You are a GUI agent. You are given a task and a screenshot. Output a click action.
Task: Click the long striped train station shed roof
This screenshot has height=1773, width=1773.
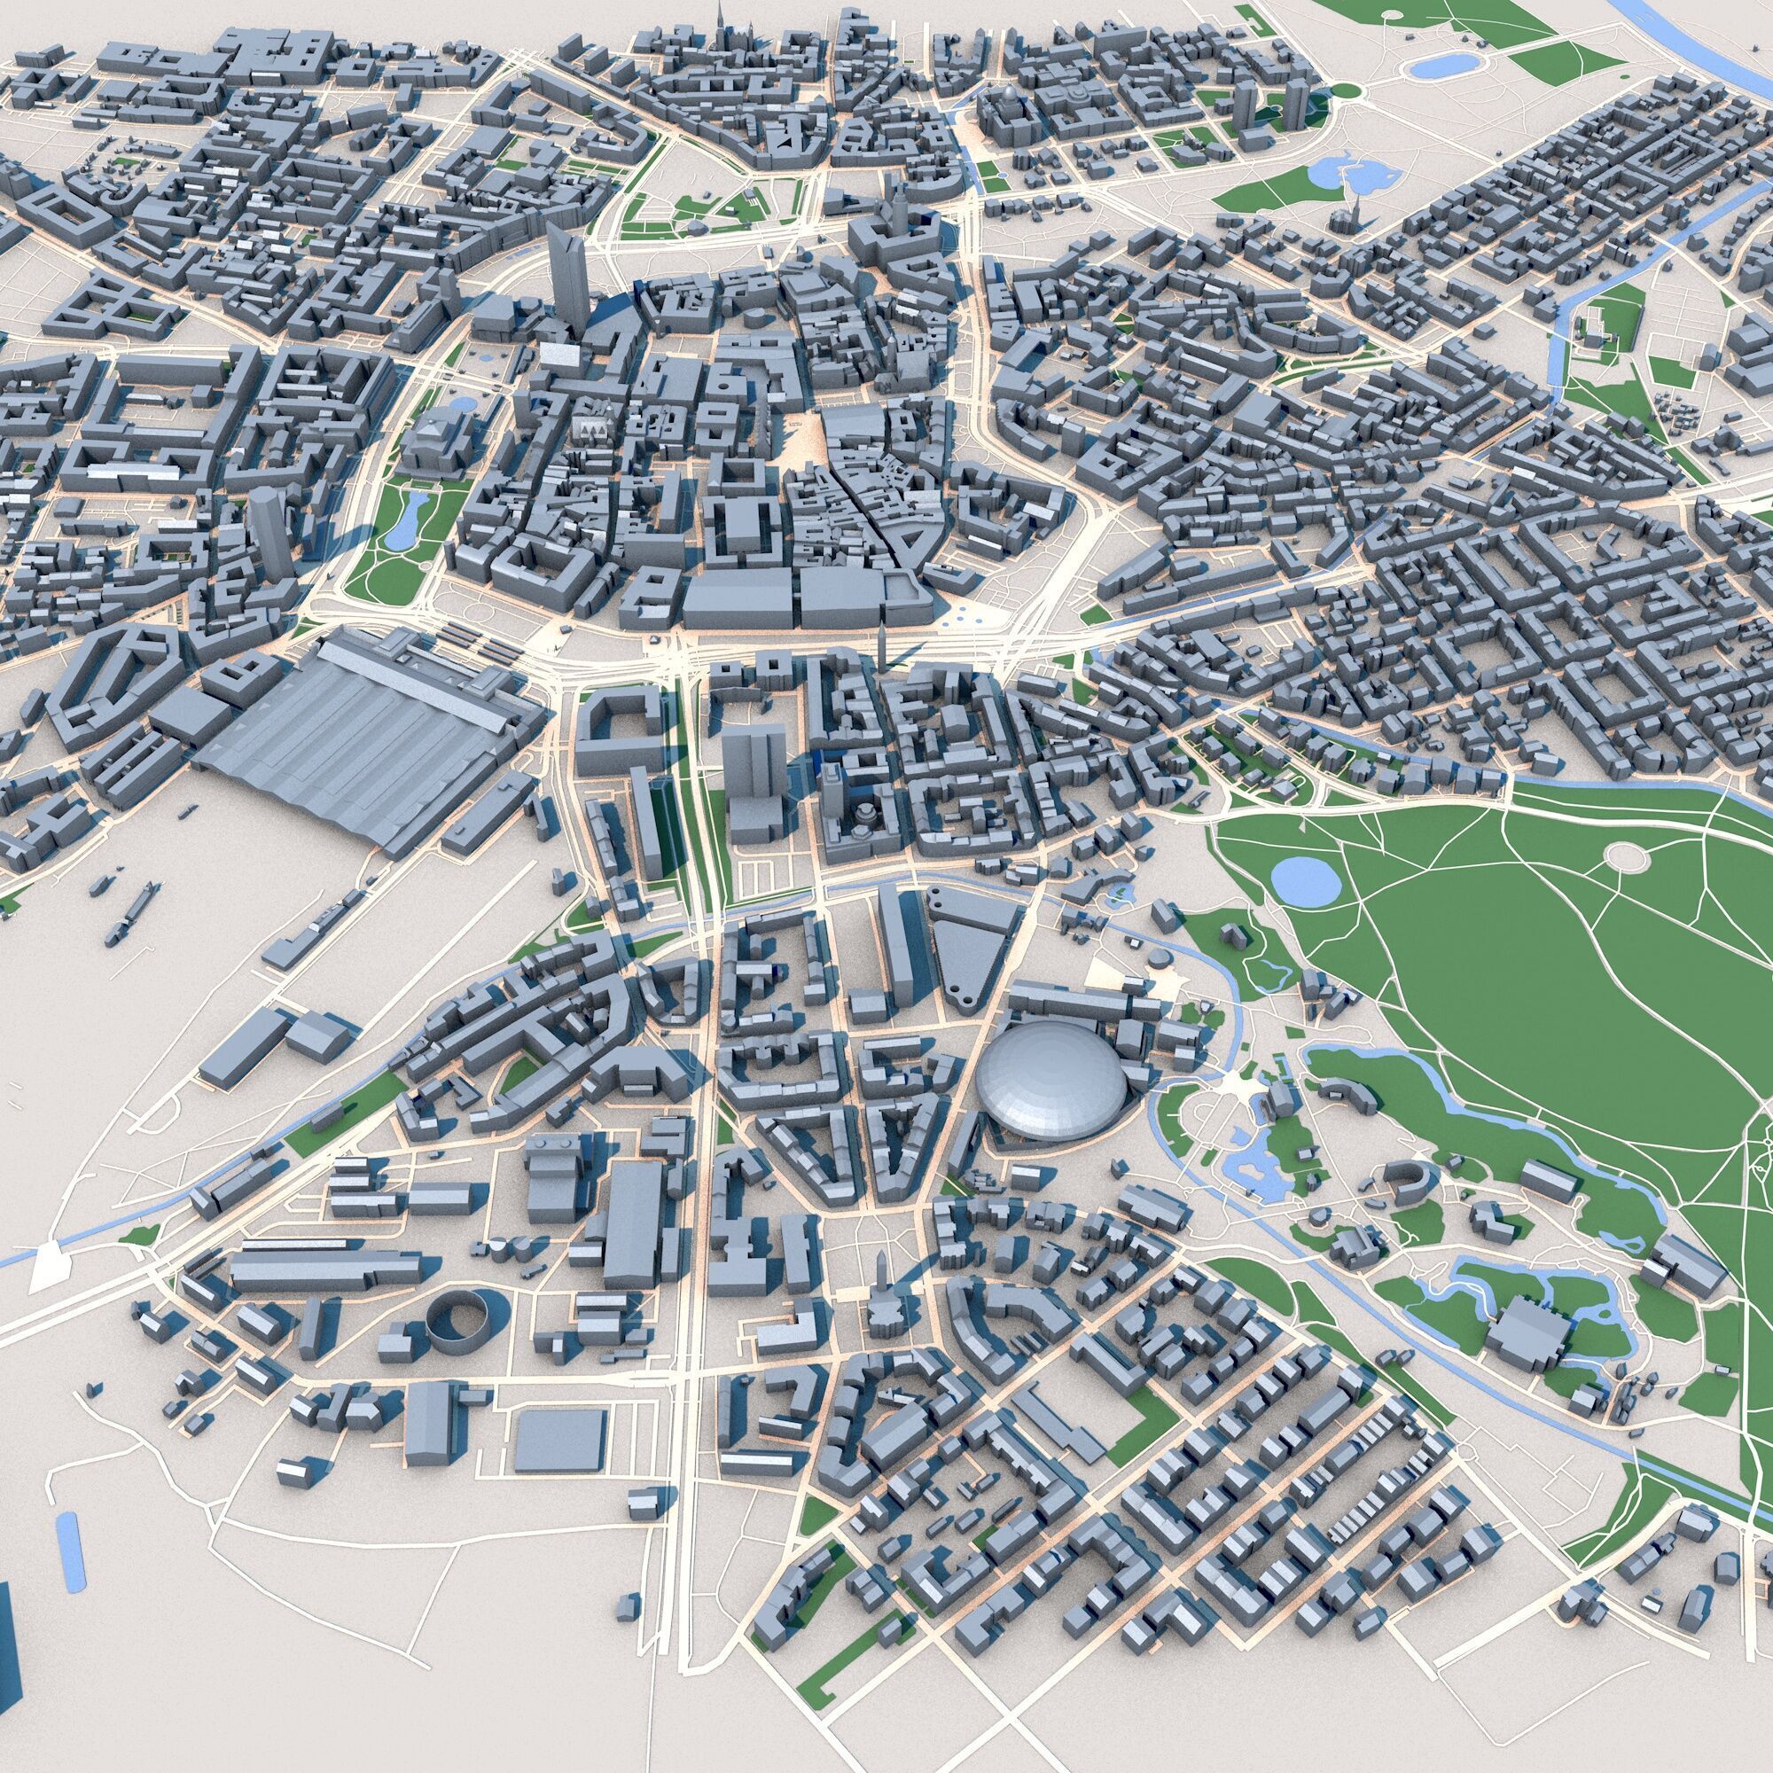(367, 734)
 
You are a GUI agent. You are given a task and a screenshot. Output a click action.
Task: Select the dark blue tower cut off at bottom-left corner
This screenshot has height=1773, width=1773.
(9, 1679)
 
